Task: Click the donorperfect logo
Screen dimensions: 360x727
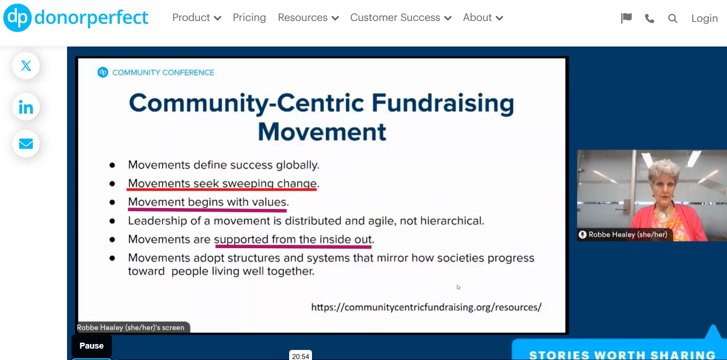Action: point(76,18)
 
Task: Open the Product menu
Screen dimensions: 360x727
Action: point(196,18)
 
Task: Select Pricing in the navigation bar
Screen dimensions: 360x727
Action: point(249,18)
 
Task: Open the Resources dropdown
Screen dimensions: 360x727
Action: point(308,18)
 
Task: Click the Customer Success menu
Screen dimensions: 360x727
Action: point(400,18)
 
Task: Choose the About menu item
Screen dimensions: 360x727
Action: point(483,18)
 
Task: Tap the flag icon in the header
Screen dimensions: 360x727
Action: point(626,18)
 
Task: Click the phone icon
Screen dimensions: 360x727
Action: point(649,19)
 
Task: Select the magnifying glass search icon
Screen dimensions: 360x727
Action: point(672,19)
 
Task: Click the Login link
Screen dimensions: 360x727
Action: point(704,19)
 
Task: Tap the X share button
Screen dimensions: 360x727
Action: point(26,66)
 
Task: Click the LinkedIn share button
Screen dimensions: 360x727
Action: point(26,107)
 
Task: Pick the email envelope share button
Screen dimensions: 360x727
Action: point(26,144)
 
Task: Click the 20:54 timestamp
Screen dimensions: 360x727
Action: point(301,356)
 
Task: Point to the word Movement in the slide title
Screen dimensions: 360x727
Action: point(322,132)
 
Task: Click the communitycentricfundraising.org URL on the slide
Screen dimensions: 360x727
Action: point(426,307)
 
